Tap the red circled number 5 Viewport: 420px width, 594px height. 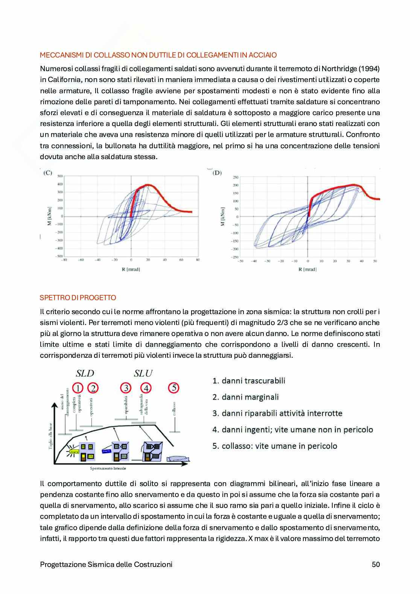coord(173,388)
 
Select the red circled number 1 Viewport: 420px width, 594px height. coord(78,388)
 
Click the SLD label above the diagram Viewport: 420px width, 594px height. coord(85,373)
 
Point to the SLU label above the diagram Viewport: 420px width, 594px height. coord(143,373)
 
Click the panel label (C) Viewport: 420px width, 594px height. coord(48,173)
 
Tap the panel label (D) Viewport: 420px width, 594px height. coord(217,173)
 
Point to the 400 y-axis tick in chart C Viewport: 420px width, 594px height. coord(59,184)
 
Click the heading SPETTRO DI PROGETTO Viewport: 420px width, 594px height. coord(78,298)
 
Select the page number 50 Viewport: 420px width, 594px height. coord(376,564)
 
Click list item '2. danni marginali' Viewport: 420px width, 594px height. coord(245,397)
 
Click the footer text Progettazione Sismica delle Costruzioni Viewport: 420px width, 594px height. coord(106,564)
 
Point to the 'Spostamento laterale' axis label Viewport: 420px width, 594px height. coord(108,468)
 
